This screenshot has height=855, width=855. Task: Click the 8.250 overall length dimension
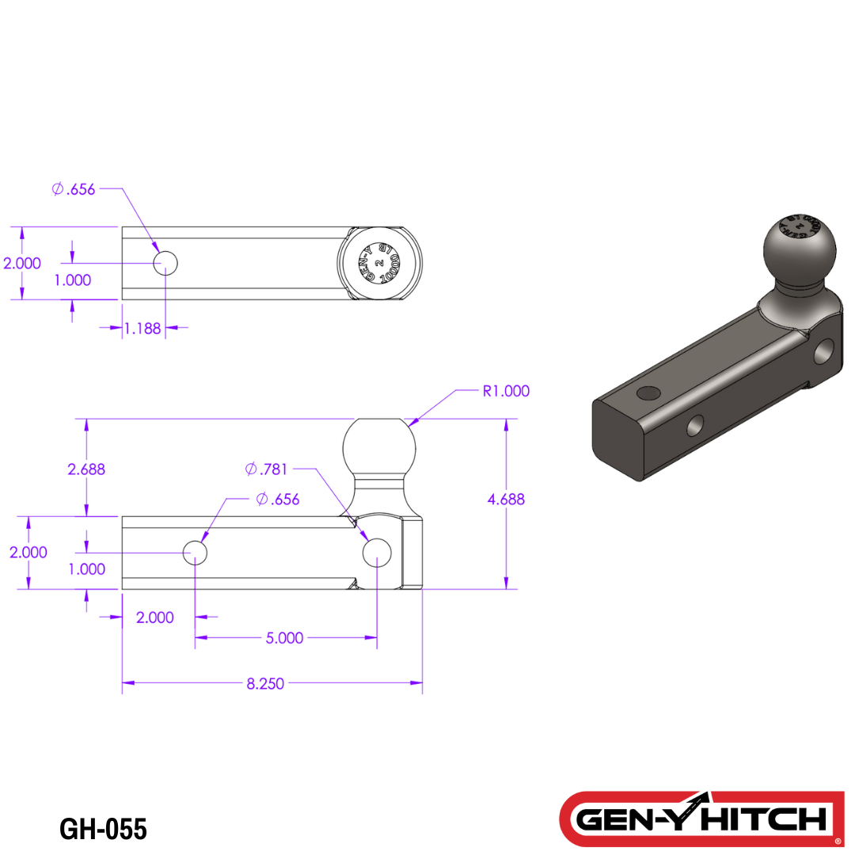coord(265,684)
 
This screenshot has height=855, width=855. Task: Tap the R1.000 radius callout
coord(506,391)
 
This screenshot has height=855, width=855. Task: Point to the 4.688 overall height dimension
coord(507,500)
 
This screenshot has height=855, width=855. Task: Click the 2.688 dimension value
coord(86,469)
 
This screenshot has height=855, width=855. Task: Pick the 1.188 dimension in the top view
coord(142,328)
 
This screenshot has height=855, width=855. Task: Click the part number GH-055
coord(103,829)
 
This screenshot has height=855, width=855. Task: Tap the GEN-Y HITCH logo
coord(701,817)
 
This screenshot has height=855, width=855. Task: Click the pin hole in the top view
coord(166,263)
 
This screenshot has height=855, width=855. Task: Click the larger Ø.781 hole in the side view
coord(377,553)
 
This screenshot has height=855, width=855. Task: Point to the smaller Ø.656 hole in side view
coord(195,553)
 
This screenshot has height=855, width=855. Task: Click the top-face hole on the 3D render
coord(648,393)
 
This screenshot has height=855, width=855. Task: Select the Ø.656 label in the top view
coord(74,189)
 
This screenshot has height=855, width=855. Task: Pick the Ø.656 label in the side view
coord(278,500)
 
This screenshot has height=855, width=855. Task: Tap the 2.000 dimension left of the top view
coord(22,264)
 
